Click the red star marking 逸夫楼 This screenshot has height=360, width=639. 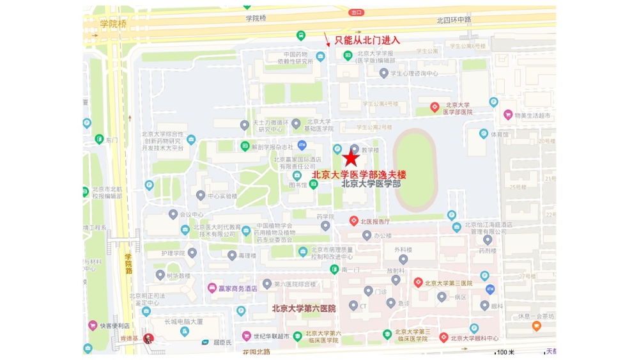click(x=351, y=159)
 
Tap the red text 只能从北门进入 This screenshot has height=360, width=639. click(x=367, y=40)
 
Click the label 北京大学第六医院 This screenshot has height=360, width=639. click(x=304, y=308)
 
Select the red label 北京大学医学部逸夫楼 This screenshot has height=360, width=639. click(x=358, y=174)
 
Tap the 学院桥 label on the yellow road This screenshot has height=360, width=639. click(x=113, y=24)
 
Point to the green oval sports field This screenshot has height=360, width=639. click(x=415, y=169)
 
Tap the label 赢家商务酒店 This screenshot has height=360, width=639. click(x=237, y=288)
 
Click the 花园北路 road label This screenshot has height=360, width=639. click(x=256, y=352)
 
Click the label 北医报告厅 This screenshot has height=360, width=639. click(x=375, y=221)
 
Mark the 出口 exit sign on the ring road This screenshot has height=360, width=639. click(x=357, y=12)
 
